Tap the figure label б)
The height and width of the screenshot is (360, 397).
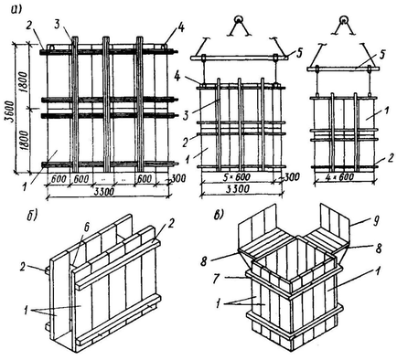pyautogui.click(x=33, y=216)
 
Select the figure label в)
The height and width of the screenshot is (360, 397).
pyautogui.click(x=220, y=216)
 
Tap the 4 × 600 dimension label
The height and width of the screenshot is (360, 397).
pyautogui.click(x=344, y=177)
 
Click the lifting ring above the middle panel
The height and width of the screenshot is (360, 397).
pyautogui.click(x=238, y=19)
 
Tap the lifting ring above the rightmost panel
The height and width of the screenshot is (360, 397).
pyautogui.click(x=344, y=19)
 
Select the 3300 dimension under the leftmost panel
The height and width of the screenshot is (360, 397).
pyautogui.click(x=104, y=192)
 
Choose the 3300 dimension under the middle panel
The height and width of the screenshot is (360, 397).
pyautogui.click(x=239, y=189)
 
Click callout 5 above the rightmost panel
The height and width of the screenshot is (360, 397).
pyautogui.click(x=383, y=55)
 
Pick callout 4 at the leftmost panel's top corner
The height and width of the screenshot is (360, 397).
pyautogui.click(x=180, y=30)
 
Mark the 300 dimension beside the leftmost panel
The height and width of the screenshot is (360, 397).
pyautogui.click(x=179, y=178)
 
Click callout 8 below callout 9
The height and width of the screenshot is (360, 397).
pyautogui.click(x=378, y=249)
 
